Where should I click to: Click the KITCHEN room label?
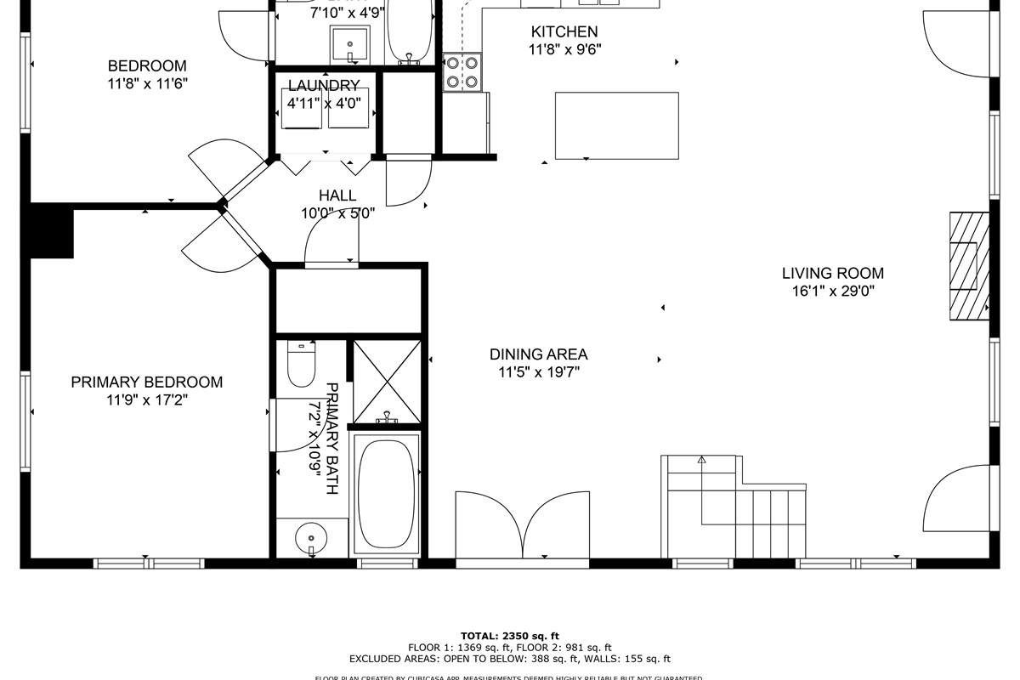564,32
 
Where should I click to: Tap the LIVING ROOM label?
832,274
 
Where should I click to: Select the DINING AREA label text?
538,354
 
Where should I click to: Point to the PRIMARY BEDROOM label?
146,382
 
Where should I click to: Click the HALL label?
337,195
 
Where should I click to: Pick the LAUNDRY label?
323,85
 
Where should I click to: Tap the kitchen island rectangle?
616,126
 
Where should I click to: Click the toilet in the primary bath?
302,364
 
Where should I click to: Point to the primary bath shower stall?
387,380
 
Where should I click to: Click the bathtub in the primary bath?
387,493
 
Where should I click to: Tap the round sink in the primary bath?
311,538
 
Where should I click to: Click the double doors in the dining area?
522,527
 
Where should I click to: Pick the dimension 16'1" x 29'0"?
832,291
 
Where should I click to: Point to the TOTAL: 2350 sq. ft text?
510,635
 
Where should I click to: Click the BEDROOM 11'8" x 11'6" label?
147,75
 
